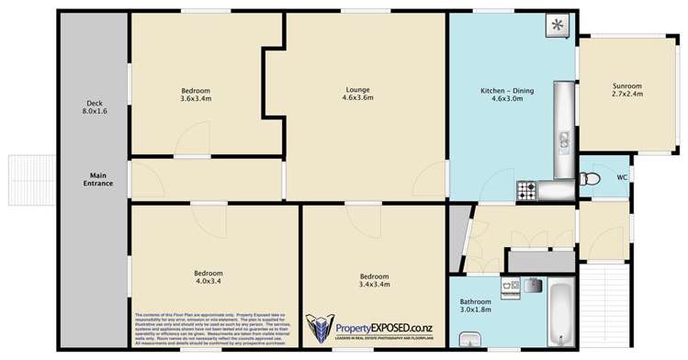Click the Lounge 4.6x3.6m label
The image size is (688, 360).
pyautogui.click(x=357, y=93)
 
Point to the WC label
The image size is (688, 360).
pyautogui.click(x=622, y=177)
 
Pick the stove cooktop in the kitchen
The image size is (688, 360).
pyautogui.click(x=527, y=190)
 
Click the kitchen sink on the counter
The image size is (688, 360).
pyautogui.click(x=563, y=143)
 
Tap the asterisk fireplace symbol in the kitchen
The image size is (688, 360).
pyautogui.click(x=557, y=26)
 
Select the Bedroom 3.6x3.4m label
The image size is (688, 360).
pyautogui.click(x=196, y=95)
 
